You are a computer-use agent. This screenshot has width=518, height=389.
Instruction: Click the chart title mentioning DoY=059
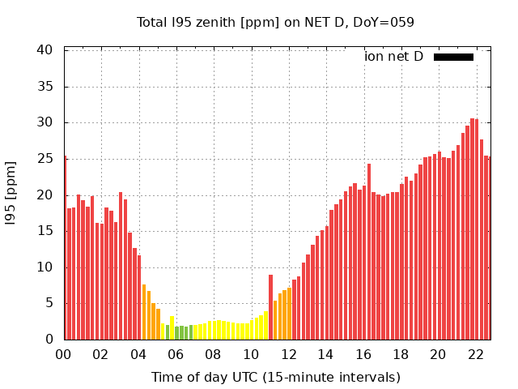pos(275,22)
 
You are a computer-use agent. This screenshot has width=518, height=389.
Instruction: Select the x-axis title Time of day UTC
pos(275,377)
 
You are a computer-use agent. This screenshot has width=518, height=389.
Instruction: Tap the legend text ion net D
pos(393,57)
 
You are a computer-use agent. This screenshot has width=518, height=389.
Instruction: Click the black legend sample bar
pos(453,57)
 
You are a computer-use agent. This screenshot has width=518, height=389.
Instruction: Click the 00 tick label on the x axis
pos(64,354)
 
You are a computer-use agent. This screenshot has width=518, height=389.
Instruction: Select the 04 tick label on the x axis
pos(138,354)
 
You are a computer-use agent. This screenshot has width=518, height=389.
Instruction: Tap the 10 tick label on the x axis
pos(251,354)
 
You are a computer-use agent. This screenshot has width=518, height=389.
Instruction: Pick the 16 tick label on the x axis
pos(363,354)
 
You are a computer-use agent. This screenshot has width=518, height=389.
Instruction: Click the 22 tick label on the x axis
pos(476,354)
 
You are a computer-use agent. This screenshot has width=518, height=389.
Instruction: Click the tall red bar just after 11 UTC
pos(270,308)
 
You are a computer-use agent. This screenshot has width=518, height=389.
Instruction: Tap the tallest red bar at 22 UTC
pos(472,230)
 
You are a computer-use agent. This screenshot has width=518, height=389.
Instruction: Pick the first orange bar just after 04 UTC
pos(144,313)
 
